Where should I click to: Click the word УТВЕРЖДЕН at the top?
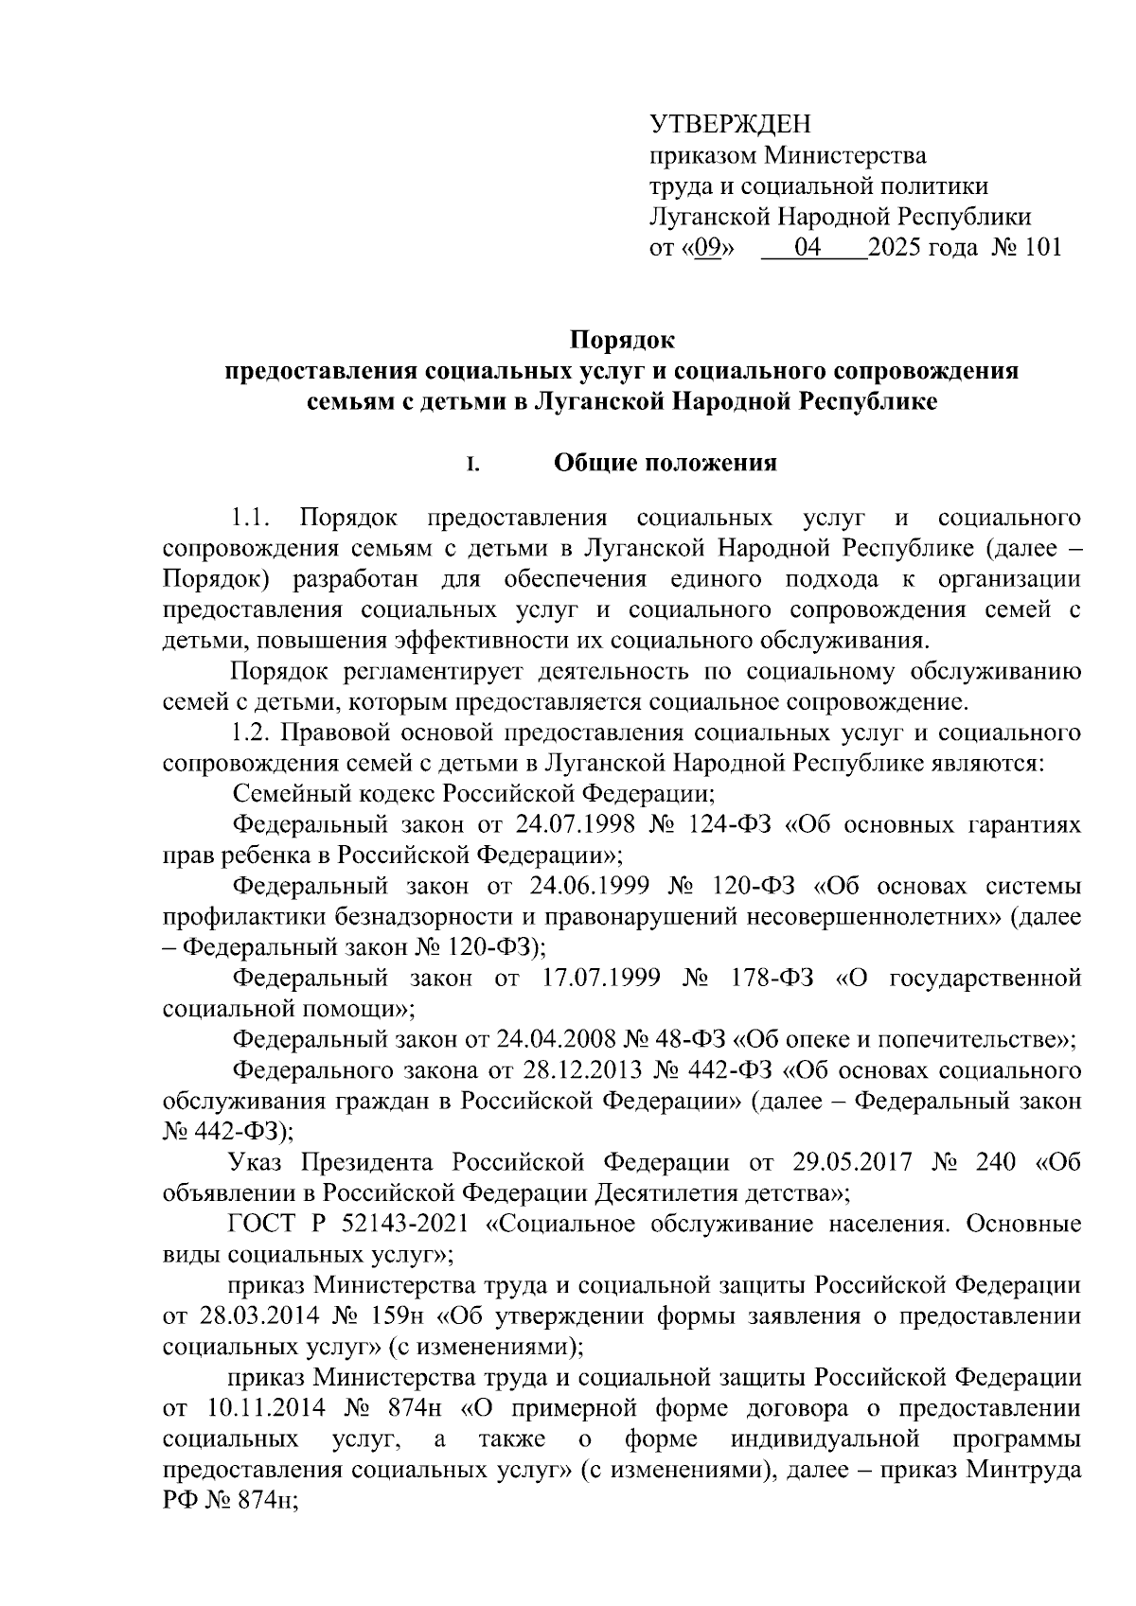point(730,124)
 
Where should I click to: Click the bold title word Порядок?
point(621,339)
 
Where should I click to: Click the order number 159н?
point(399,1315)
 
